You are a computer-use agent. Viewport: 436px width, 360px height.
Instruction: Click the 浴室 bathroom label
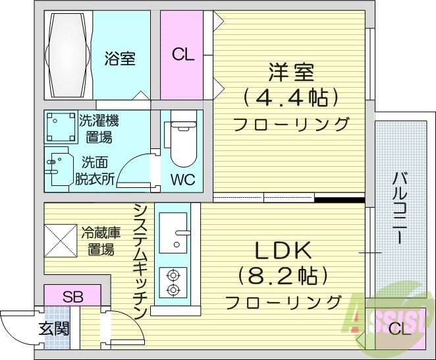click(x=120, y=59)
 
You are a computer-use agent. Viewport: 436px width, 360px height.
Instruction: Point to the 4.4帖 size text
click(x=290, y=98)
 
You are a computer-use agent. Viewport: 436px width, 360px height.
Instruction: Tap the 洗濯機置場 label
click(x=99, y=129)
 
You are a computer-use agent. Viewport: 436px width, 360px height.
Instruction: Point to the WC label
click(x=182, y=180)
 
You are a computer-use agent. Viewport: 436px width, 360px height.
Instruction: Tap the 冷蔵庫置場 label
click(x=101, y=241)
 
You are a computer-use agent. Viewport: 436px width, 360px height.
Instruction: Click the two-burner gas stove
click(x=173, y=282)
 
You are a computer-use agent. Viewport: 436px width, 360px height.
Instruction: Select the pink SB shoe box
click(x=72, y=296)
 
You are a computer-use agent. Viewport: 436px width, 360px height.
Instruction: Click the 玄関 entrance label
click(x=53, y=328)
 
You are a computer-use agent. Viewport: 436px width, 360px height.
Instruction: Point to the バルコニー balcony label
click(x=399, y=208)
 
